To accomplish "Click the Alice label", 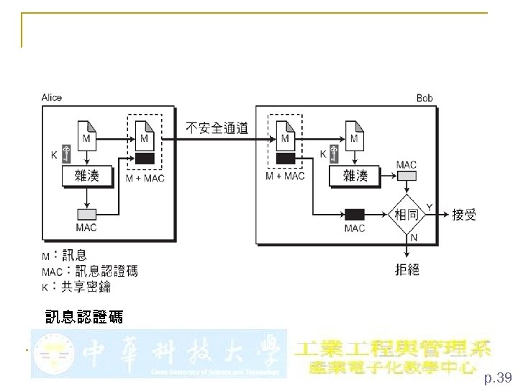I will coord(52,97).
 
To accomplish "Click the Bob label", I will coord(424,98).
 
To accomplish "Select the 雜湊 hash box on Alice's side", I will coord(88,176).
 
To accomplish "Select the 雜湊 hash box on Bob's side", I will coord(356,176).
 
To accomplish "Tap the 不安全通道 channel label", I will coord(217,128).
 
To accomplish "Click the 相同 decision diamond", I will coord(406,214).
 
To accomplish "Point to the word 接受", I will coord(464,215).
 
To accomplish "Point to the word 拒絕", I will coord(407,270).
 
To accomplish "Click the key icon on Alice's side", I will coord(66,153).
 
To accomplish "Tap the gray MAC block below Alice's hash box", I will coord(87,214).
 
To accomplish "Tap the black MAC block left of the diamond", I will coord(354,214).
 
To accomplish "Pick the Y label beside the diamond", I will coord(430,207).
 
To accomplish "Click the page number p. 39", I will coord(497,377).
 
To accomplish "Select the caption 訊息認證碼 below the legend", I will coord(83,316).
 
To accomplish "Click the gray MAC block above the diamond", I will coord(406,176).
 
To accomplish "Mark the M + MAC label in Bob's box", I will coord(285,176).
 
